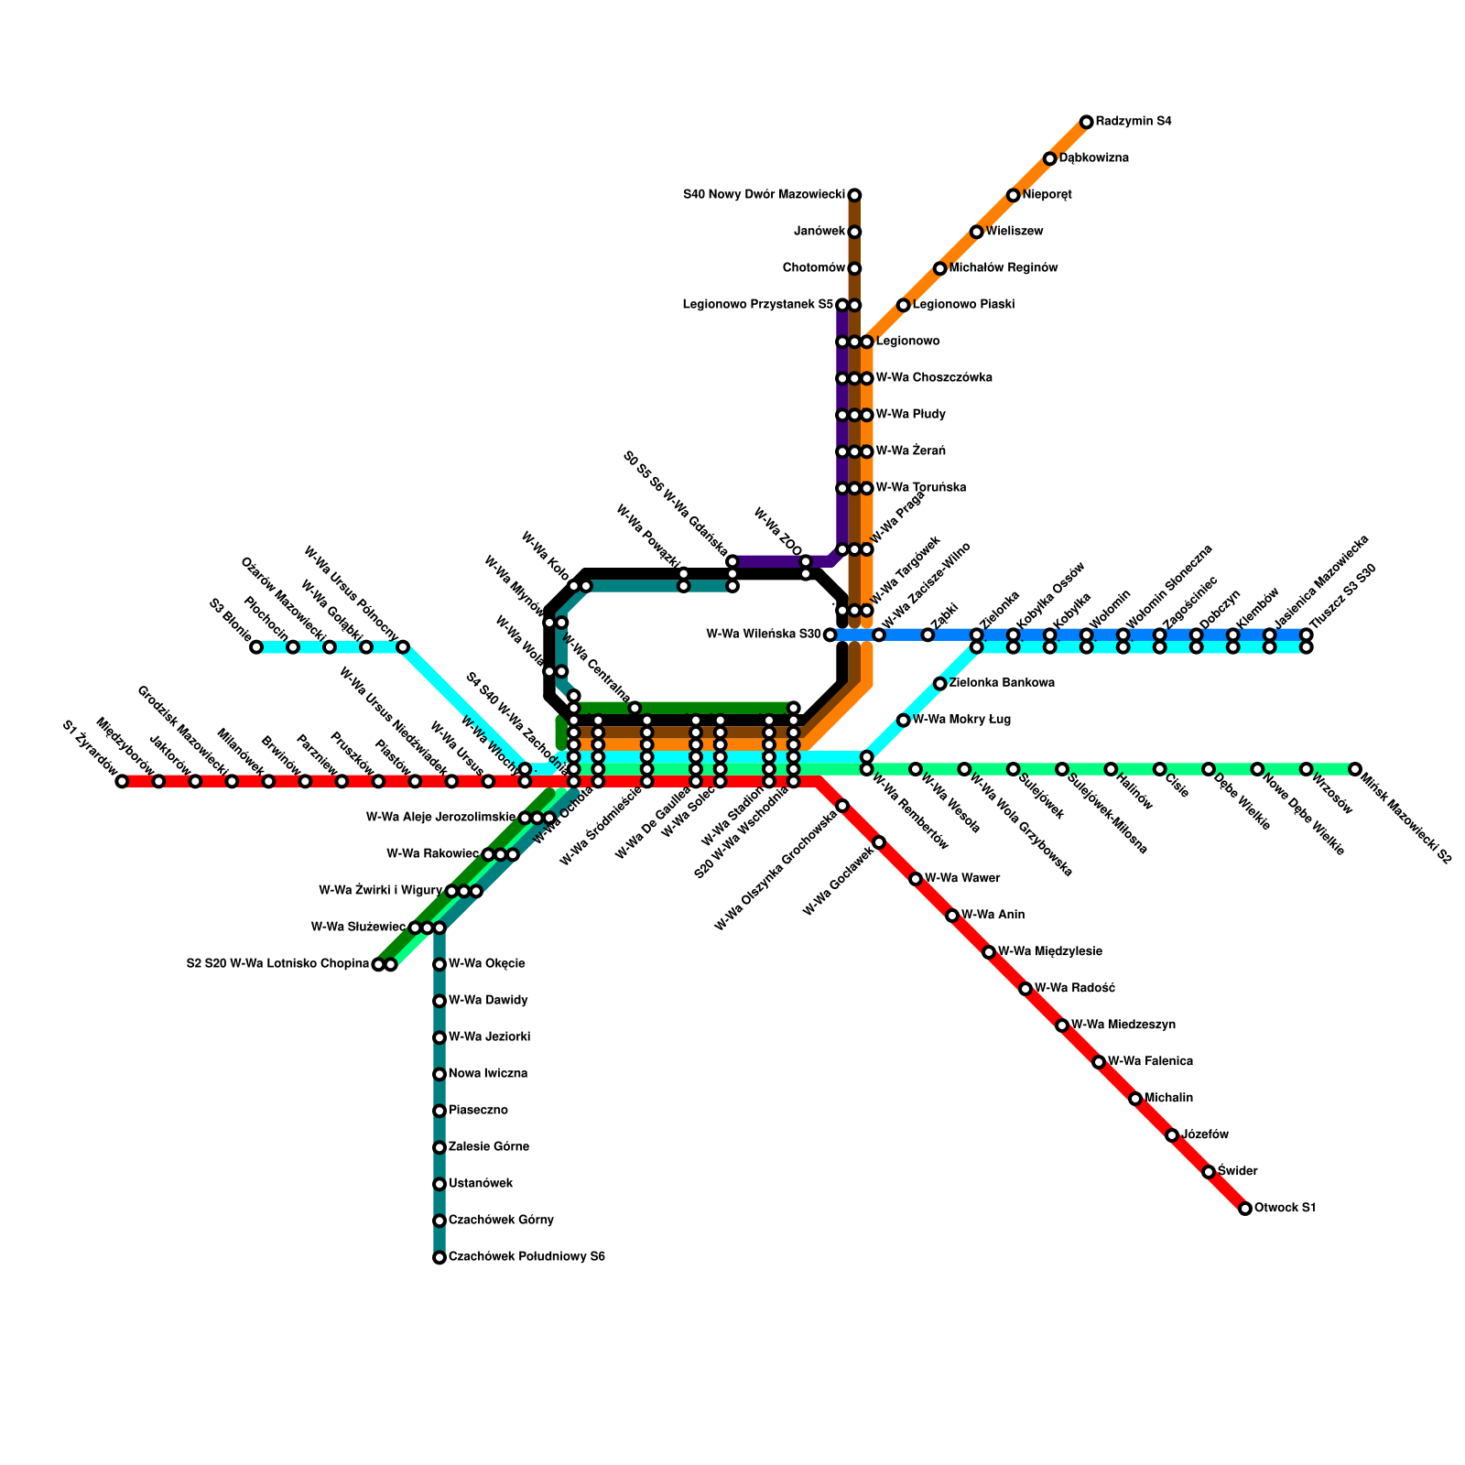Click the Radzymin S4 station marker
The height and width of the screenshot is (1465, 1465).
pos(1086,122)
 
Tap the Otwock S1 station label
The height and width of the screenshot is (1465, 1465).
pos(1285,1209)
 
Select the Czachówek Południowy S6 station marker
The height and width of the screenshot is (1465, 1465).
pos(439,1258)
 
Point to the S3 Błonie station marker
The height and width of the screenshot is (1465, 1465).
pos(256,647)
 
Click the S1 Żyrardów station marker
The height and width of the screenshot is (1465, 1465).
pos(122,781)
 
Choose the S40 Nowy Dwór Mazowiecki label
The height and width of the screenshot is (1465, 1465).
pos(764,195)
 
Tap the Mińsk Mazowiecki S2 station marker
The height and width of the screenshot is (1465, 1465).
pos(1355,769)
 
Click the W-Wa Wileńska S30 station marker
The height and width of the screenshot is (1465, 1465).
pos(830,635)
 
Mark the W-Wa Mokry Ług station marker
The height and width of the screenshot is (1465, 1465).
pos(903,721)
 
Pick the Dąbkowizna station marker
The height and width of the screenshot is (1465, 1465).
pos(1049,158)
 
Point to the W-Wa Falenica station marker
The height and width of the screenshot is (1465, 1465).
pos(1099,1062)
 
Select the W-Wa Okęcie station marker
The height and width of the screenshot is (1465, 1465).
pos(439,964)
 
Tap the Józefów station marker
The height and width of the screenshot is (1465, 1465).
pos(1172,1135)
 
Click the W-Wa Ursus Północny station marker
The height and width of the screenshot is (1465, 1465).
pos(403,647)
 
